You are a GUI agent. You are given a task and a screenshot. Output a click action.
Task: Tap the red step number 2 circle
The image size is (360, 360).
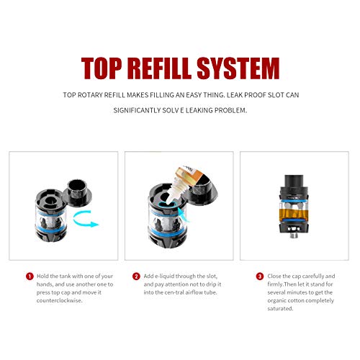point(137,276)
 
